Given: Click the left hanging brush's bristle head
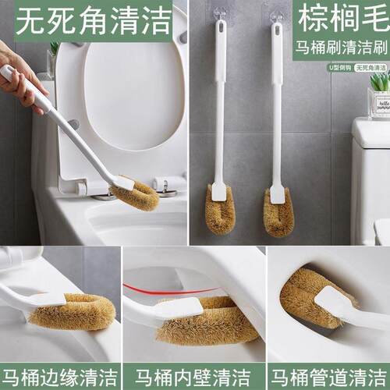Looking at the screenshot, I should pos(220,212).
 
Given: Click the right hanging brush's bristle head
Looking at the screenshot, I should pos(278,212).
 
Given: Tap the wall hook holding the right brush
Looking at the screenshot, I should pos(277,16).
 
